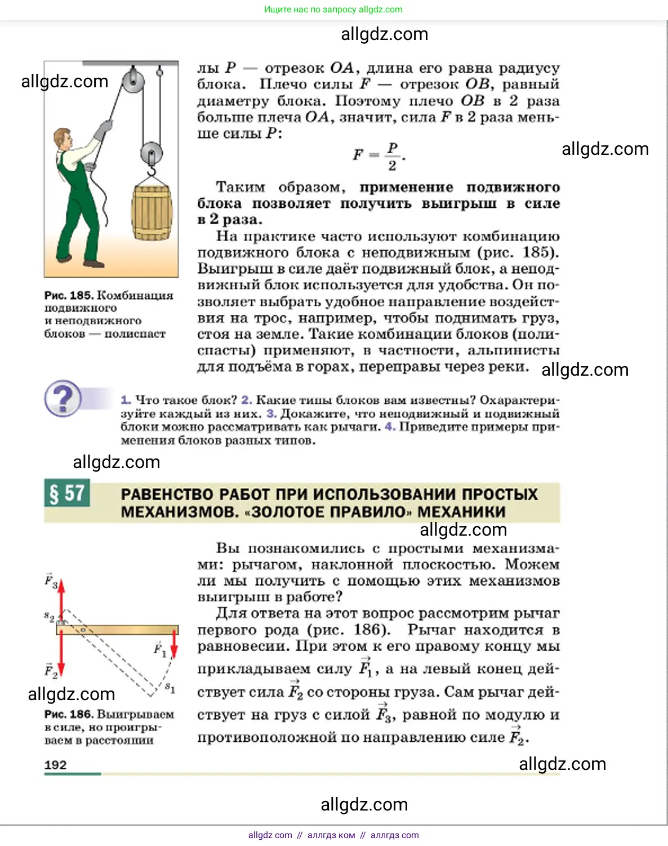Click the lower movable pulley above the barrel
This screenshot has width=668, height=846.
point(151,153)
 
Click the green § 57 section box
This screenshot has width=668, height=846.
point(67,493)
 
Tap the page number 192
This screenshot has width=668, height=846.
point(55,764)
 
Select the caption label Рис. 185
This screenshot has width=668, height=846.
point(69,295)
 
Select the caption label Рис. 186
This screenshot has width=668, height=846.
point(69,714)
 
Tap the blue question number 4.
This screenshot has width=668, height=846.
point(390,427)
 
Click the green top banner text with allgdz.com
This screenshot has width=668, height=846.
point(333,10)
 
